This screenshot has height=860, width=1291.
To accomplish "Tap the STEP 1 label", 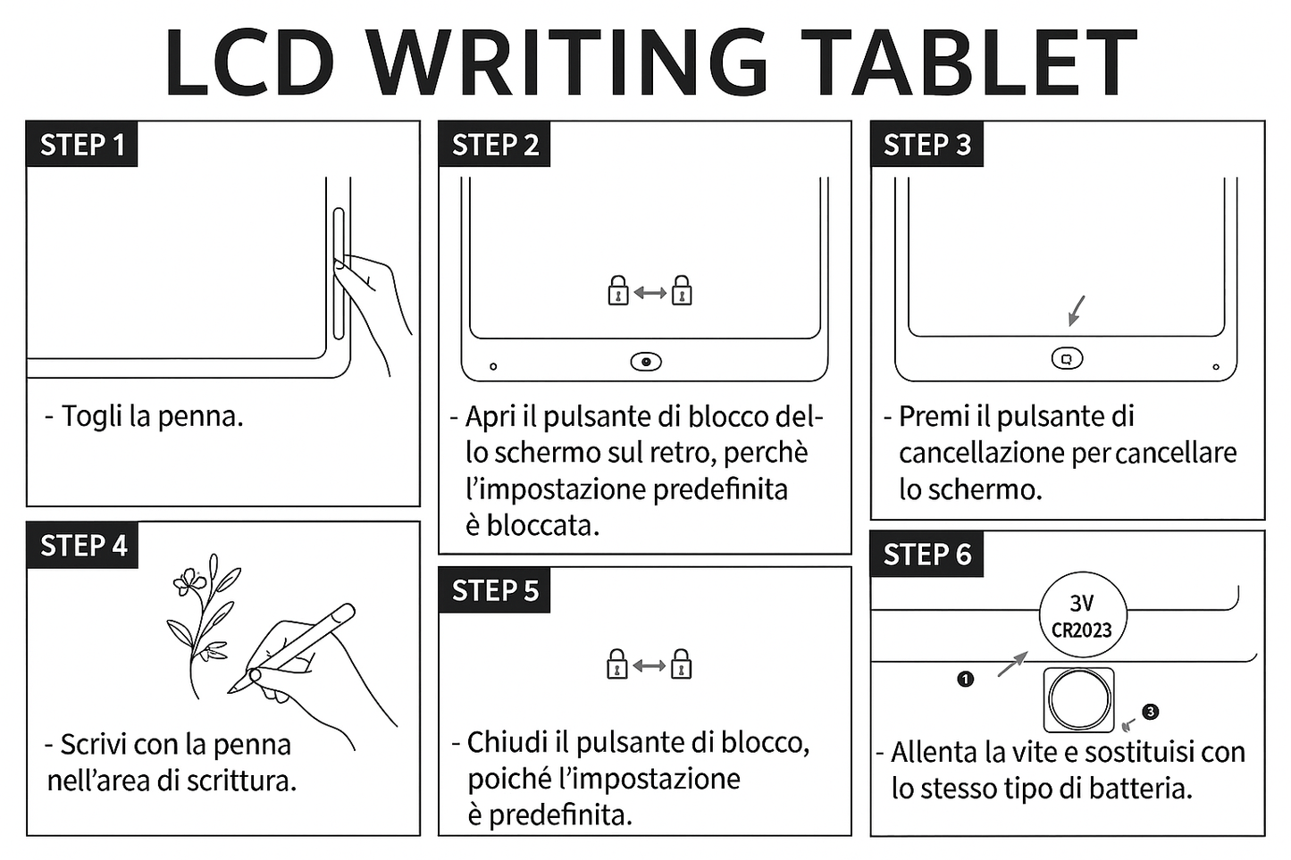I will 82,145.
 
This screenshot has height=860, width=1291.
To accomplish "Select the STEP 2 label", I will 495,145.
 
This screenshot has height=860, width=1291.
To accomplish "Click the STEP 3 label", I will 926,145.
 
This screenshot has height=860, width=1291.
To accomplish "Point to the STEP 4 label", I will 83,546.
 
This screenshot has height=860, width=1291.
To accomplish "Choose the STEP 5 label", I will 495,590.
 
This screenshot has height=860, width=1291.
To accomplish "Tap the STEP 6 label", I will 926,555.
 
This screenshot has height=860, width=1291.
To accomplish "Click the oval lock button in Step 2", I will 646,362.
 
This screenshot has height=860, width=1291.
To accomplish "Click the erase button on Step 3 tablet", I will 1067,358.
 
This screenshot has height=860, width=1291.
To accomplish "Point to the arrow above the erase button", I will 1077,311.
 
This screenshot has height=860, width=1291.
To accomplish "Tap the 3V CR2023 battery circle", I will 1082,616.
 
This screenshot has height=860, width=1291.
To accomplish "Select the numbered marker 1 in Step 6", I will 965,680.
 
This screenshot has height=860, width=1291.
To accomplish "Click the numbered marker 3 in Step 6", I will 1150,712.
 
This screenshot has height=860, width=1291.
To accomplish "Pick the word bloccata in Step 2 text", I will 541,525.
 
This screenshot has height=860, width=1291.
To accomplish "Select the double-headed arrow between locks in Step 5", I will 650,666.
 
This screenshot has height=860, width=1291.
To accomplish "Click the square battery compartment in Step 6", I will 1079,699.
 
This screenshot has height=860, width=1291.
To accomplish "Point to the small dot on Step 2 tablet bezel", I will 493,366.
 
